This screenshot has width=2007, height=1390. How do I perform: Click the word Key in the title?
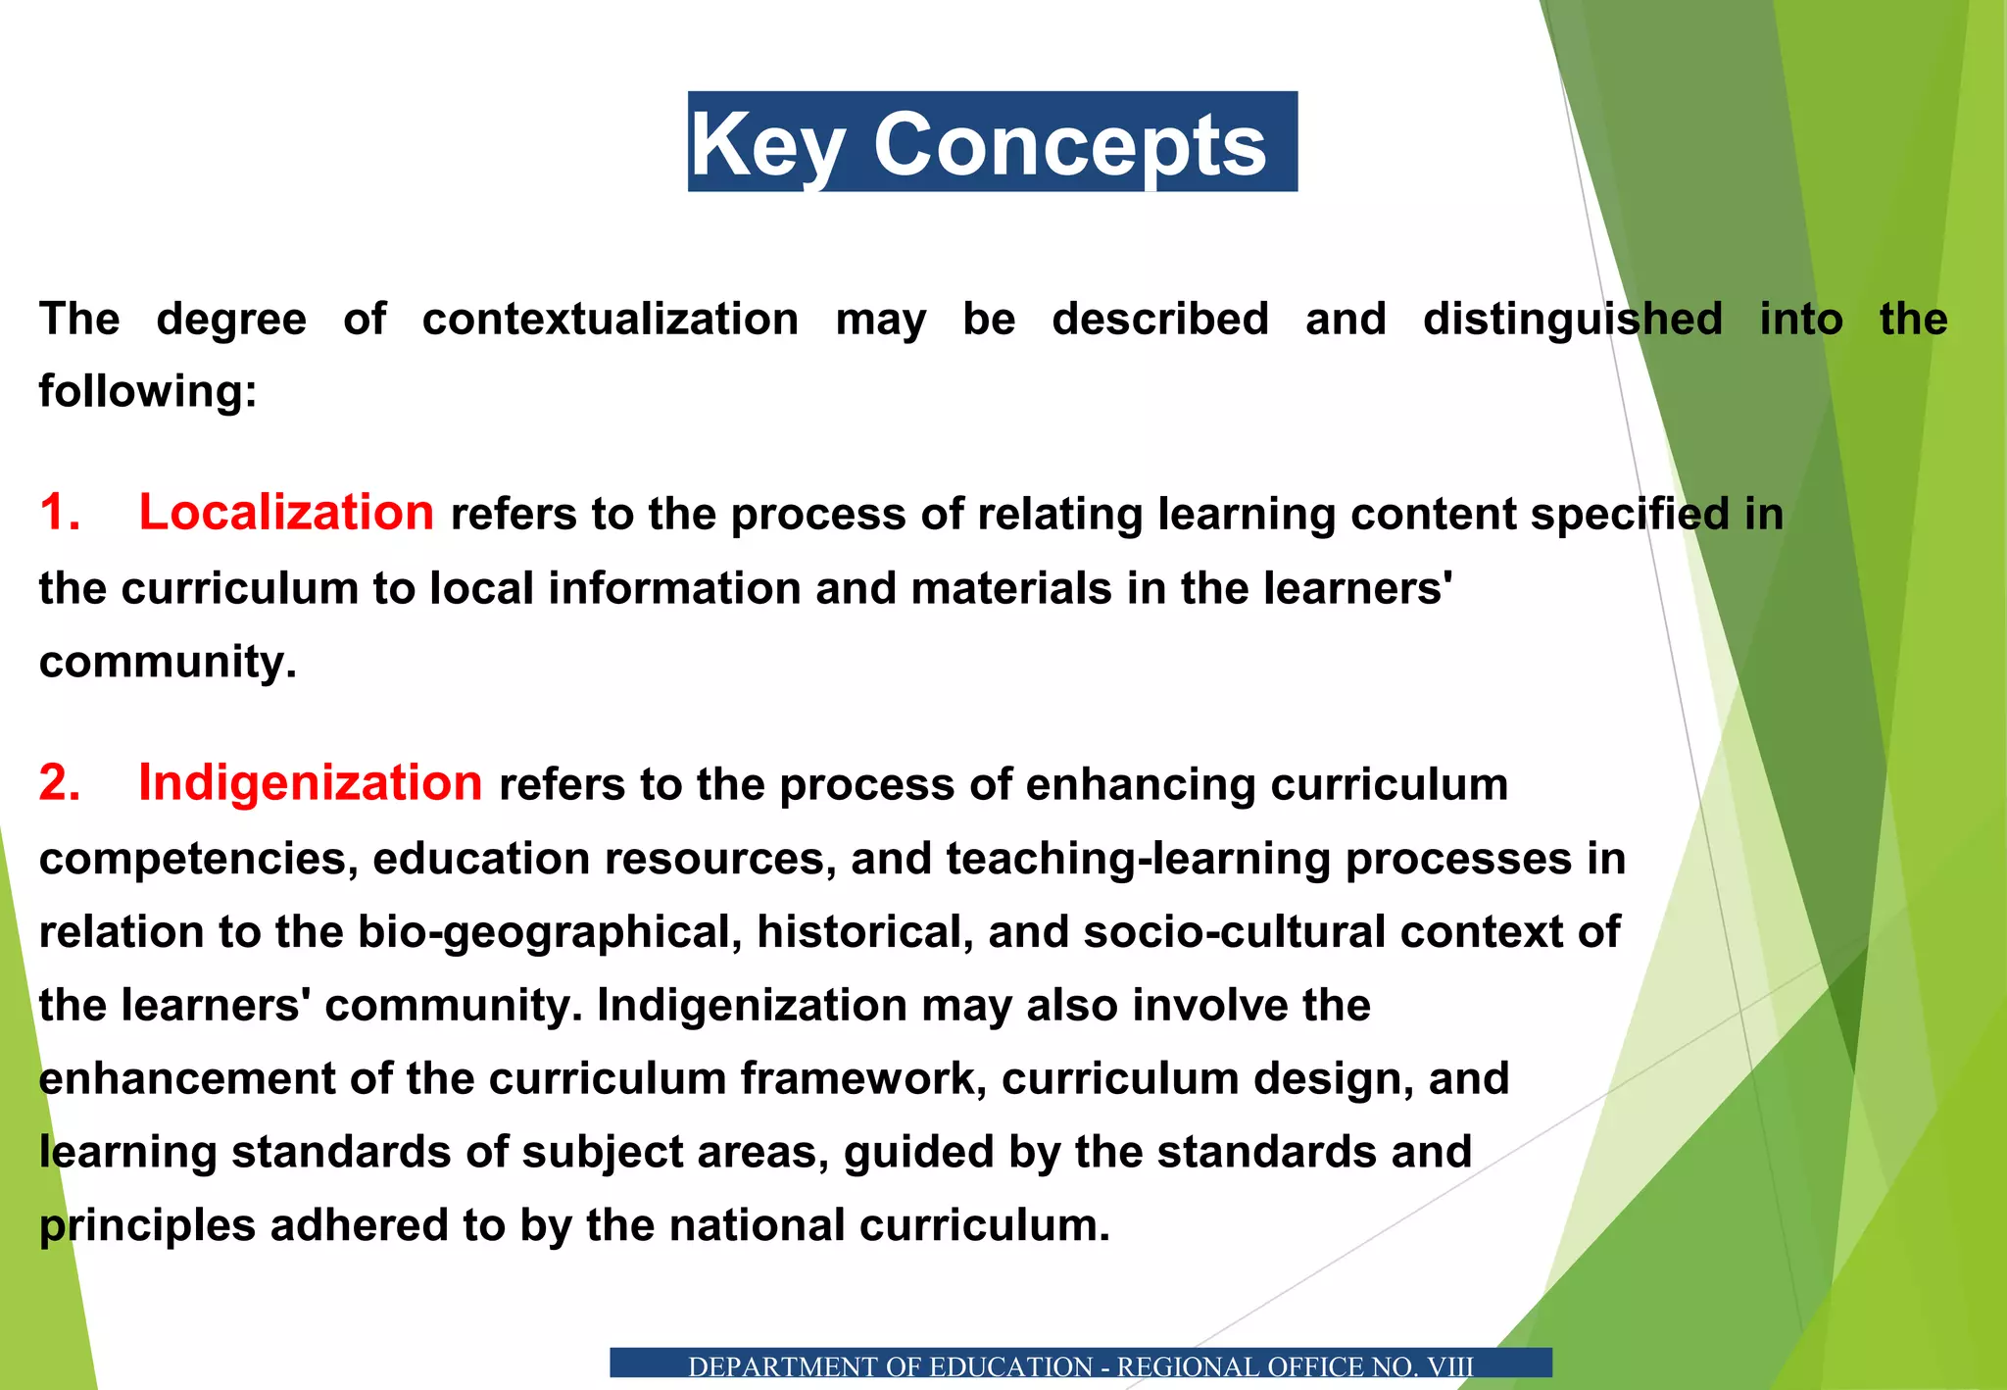click(767, 145)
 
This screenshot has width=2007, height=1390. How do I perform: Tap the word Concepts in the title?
click(1070, 145)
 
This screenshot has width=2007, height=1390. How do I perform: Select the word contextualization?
click(611, 320)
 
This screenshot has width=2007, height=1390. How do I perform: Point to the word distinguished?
click(1572, 320)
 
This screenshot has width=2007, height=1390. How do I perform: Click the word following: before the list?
click(148, 391)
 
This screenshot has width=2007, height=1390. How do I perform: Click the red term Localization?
click(286, 513)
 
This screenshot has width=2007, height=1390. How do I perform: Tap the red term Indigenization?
click(310, 783)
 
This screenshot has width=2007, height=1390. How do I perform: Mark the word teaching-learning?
click(1138, 859)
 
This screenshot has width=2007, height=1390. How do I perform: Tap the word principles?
click(147, 1225)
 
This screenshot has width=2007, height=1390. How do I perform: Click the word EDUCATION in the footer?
click(1010, 1366)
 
